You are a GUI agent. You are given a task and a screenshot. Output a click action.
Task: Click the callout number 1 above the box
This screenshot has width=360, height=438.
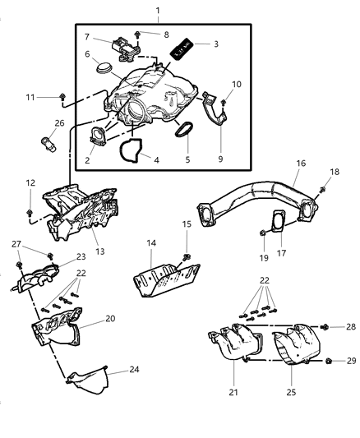tap(159, 10)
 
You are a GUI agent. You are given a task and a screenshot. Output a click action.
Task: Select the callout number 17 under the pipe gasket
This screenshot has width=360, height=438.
tap(284, 255)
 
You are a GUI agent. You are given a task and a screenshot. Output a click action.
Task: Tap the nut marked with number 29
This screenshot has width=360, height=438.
tap(329, 384)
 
